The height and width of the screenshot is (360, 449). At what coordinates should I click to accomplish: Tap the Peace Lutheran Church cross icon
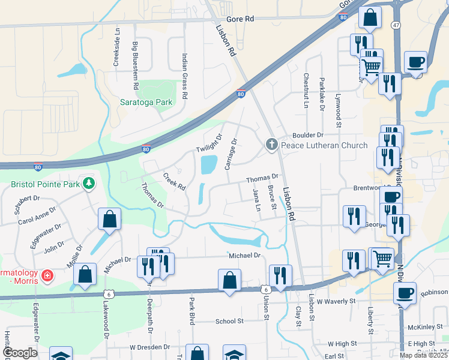(x=271, y=145)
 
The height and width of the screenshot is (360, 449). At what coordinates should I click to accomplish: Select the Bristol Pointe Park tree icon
(x=89, y=182)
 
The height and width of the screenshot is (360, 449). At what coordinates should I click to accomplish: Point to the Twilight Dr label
(x=208, y=142)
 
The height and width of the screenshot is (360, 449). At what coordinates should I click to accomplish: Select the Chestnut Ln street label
(x=306, y=86)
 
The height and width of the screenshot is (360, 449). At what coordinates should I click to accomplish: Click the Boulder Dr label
(x=308, y=136)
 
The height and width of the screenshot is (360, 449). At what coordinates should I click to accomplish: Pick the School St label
(x=229, y=321)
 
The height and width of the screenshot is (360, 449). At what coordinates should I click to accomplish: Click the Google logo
(x=19, y=353)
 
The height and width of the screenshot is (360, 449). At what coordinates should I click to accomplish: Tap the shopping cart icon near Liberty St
(x=382, y=258)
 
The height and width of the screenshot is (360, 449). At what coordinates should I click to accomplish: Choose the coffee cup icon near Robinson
(x=405, y=293)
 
